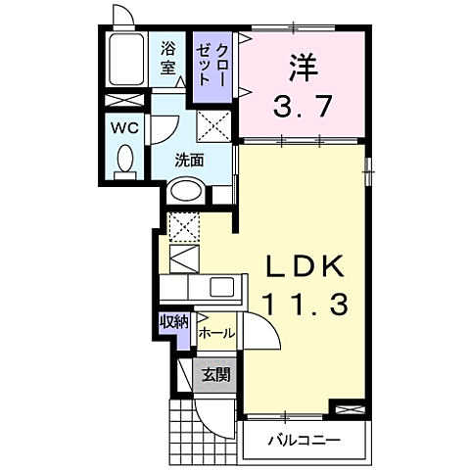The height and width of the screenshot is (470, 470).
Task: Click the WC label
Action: tap(122, 128)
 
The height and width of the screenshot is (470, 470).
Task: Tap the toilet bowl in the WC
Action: tap(124, 163)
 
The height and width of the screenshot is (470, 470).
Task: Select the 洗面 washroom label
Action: tap(189, 161)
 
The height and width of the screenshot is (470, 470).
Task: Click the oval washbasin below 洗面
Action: tap(186, 193)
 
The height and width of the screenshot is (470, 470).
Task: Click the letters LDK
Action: tap(303, 267)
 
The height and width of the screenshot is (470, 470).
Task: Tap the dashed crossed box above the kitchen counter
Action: tap(183, 226)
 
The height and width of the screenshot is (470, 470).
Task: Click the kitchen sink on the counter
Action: tap(222, 288)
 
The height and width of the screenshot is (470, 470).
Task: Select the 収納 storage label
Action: tap(175, 322)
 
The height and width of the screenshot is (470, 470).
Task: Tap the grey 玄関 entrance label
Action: tap(215, 374)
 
